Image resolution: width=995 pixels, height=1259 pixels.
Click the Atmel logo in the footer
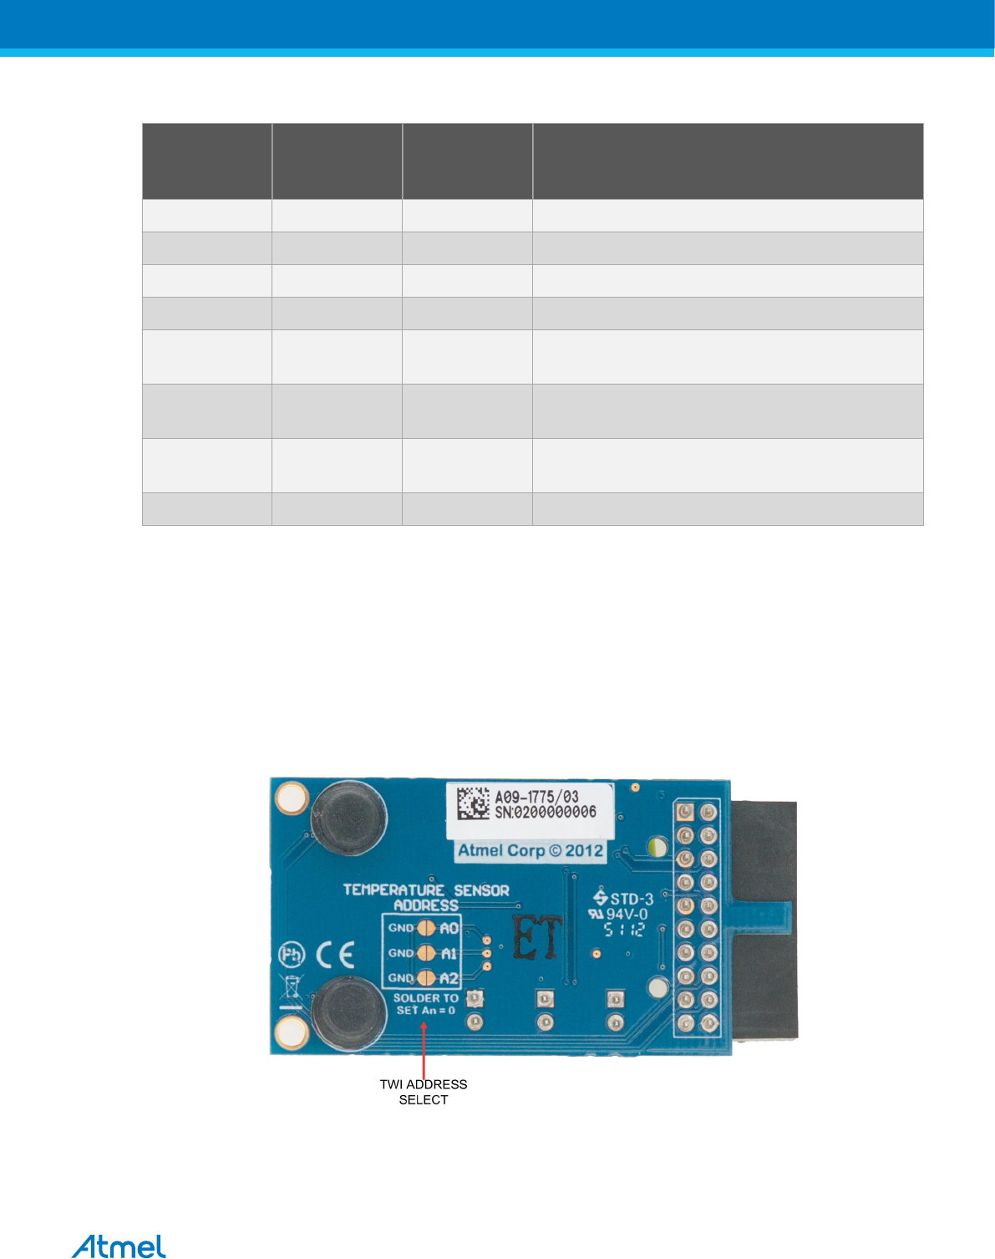coord(119,1246)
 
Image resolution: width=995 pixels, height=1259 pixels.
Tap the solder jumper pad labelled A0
coord(426,928)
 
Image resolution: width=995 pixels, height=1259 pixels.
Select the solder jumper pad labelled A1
coord(426,953)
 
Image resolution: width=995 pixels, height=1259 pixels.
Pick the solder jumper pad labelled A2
coord(426,978)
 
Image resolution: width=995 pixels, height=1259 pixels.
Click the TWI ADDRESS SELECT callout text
coord(424,1092)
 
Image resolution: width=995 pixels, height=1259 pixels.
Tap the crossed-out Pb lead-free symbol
coord(291,955)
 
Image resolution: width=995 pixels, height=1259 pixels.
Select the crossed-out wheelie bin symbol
coord(292,989)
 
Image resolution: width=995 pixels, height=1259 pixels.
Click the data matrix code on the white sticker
coord(473,803)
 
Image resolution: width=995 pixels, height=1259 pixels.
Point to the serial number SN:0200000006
coord(546,812)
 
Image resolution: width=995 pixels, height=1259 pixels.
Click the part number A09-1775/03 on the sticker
coord(536,797)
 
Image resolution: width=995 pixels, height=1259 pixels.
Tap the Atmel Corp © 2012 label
coord(530,851)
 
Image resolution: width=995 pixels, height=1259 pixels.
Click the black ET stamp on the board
coord(537,938)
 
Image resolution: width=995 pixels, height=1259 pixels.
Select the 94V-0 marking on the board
coord(620,915)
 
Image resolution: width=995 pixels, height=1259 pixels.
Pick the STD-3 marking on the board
coord(624,899)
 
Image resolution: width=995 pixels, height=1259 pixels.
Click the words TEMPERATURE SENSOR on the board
coord(426,890)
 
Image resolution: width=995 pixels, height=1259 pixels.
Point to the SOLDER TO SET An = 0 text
coord(426,1004)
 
